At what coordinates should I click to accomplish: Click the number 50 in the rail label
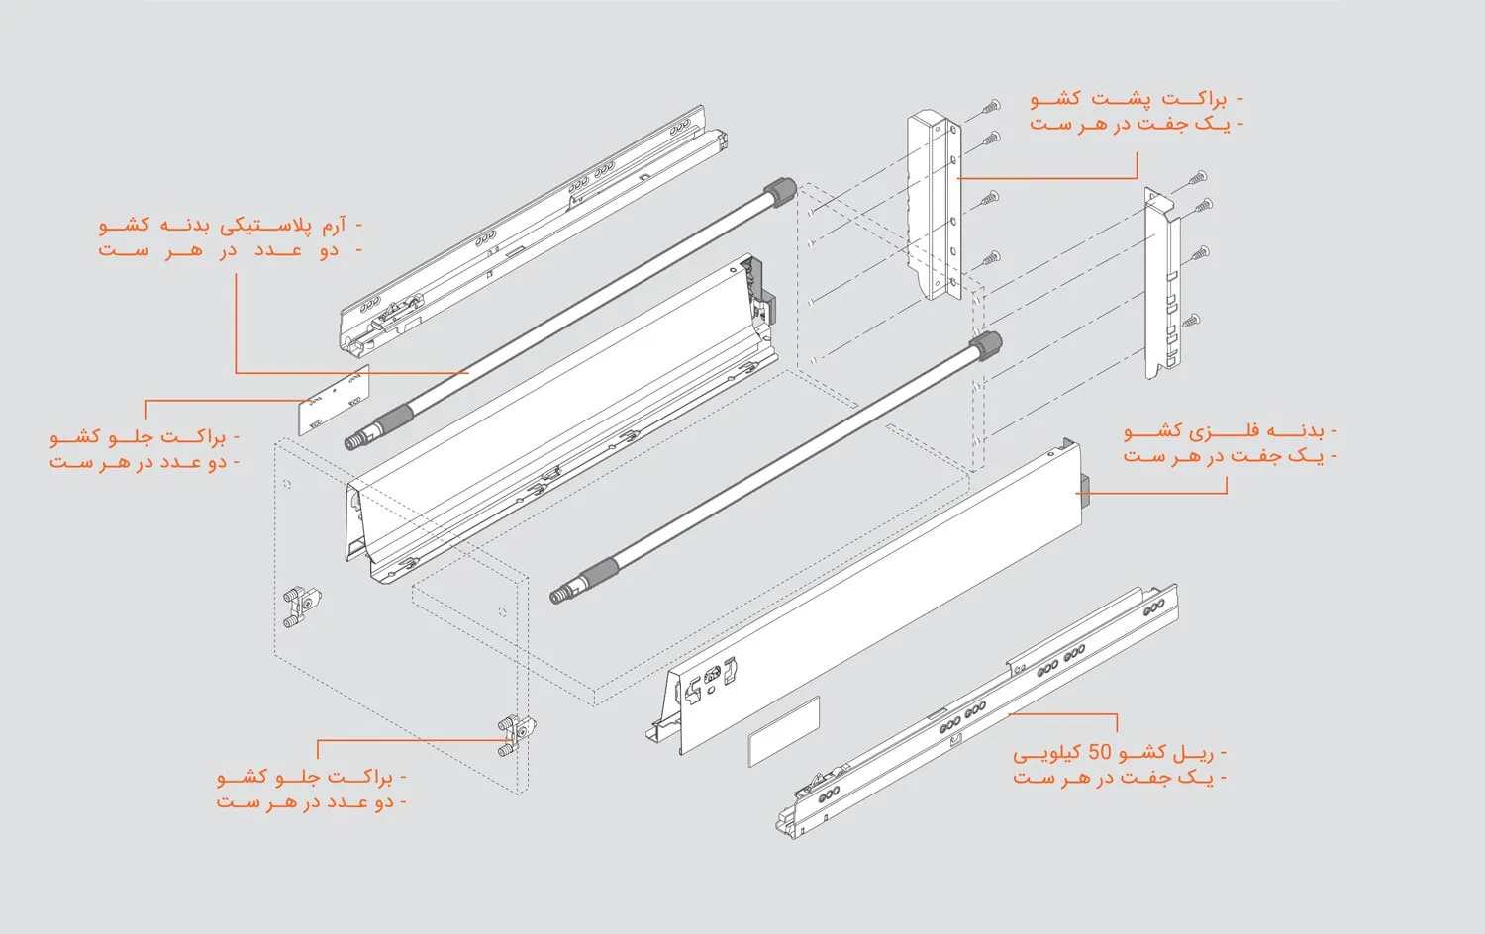pyautogui.click(x=1100, y=752)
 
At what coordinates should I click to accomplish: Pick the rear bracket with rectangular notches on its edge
pyautogui.click(x=1162, y=282)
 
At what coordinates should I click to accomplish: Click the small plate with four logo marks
pyautogui.click(x=335, y=399)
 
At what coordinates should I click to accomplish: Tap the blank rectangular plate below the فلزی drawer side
pyautogui.click(x=783, y=731)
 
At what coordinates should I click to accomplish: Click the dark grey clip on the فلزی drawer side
pyautogui.click(x=1084, y=489)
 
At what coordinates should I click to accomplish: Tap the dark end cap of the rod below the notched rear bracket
pyautogui.click(x=985, y=347)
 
